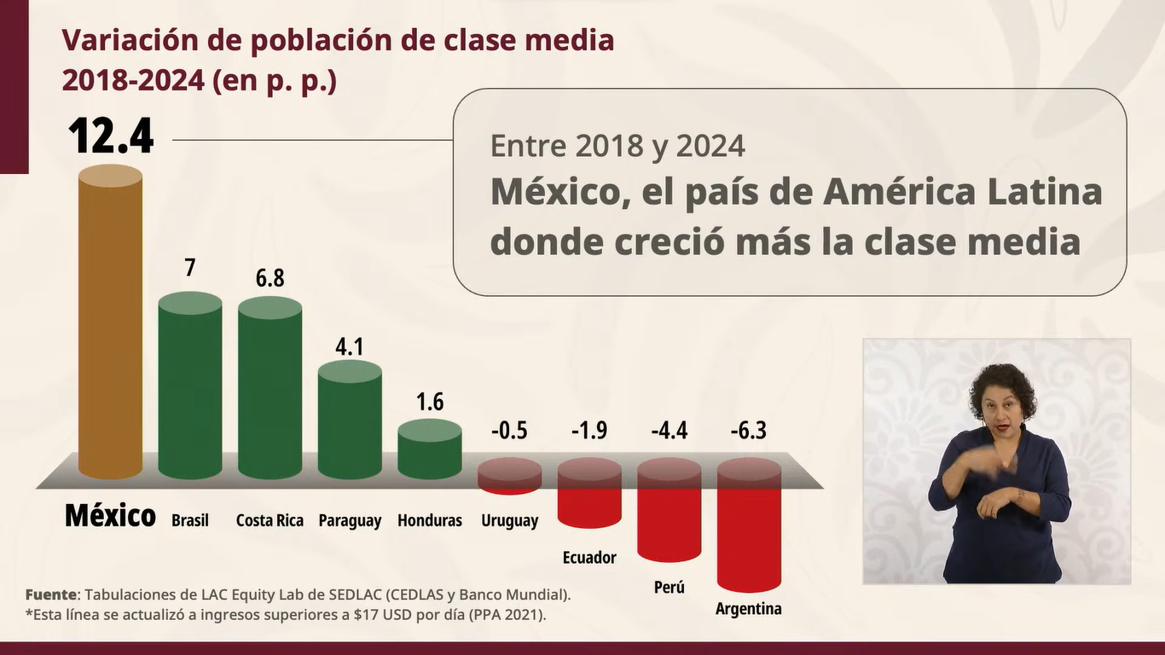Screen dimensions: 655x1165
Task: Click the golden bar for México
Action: (x=110, y=324)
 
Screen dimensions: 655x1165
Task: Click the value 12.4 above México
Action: (x=111, y=136)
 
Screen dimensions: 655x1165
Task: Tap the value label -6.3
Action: (x=749, y=431)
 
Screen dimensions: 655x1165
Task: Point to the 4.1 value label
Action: (x=350, y=347)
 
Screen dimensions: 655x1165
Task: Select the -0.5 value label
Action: (x=509, y=431)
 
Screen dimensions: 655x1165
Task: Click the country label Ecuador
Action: (x=589, y=558)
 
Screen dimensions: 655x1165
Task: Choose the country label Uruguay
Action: (x=509, y=520)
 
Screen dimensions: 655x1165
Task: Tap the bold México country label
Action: (x=110, y=516)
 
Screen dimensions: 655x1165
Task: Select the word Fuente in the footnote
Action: (x=50, y=594)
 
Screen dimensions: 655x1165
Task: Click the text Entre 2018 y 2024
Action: (x=617, y=147)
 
